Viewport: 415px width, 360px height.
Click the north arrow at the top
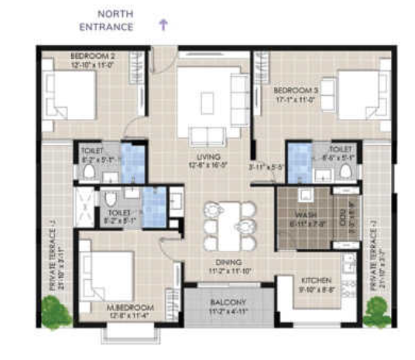(163, 24)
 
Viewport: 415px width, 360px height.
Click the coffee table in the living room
(207, 101)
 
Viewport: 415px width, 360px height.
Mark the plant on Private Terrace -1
(56, 311)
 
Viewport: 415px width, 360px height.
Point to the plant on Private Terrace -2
(377, 312)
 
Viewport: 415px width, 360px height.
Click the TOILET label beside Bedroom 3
(341, 149)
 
